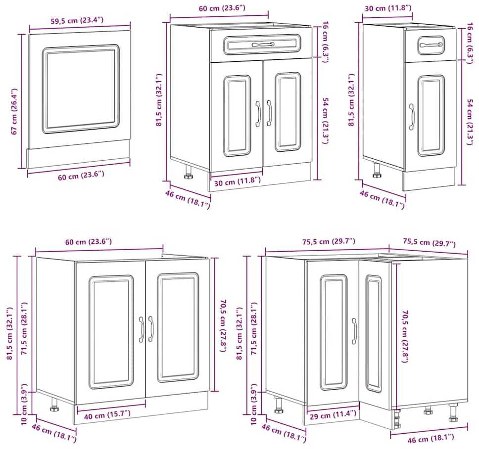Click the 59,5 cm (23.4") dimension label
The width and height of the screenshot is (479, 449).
pos(77,20)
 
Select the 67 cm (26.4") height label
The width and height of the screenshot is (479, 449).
pos(14,111)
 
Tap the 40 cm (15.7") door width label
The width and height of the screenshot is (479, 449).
pos(107,414)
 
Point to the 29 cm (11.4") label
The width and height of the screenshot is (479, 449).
pos(333,414)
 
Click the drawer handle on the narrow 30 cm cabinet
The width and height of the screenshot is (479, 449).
pos(431,45)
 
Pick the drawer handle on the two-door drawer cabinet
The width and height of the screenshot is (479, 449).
pos(263,45)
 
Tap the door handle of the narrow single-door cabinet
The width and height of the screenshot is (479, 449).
pos(412,117)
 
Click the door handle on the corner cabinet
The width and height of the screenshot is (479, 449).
pos(354,331)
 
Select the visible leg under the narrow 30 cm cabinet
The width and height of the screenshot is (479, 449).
pos(377,170)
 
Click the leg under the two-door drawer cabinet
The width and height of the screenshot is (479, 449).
pos(188,172)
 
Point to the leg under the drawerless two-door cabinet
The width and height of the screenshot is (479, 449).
pos(55,404)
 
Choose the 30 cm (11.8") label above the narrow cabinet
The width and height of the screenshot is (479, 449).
pos(388,8)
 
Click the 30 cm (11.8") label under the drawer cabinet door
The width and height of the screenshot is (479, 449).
pos(238,182)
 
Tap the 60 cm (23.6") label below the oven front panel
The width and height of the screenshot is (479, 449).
pos(81,176)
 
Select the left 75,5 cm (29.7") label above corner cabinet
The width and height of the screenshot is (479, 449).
pos(329,242)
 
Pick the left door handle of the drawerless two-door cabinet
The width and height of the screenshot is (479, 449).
pos(141,329)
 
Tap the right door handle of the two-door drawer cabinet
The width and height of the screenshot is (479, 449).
pos(269,113)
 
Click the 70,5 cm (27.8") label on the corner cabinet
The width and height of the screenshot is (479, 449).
pos(405,336)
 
